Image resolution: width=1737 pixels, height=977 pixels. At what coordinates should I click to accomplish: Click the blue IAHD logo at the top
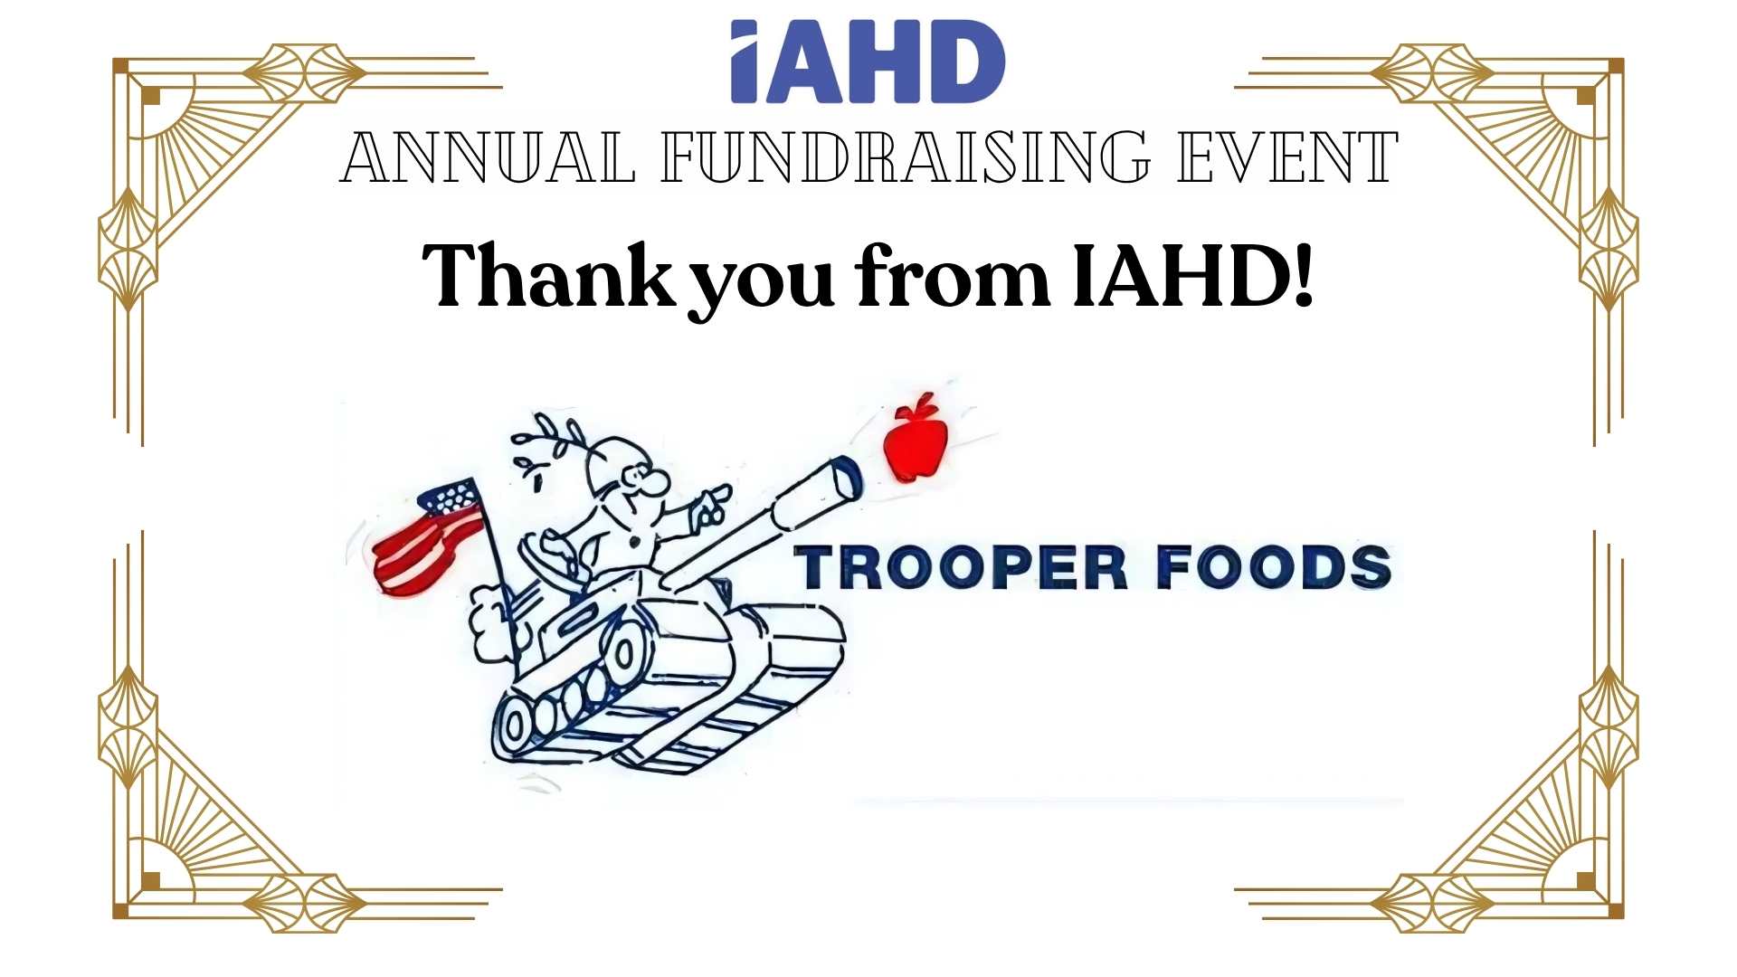868,62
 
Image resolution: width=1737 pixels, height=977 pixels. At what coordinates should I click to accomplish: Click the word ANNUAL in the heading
488,157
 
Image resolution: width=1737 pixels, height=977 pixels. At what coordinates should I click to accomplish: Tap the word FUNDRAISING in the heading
906,157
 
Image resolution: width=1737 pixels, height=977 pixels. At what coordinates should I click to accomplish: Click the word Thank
548,275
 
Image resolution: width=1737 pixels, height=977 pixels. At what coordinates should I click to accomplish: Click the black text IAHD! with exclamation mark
1192,275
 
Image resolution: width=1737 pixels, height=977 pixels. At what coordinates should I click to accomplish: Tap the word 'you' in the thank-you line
761,284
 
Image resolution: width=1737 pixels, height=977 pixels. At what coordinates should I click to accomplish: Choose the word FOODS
1274,567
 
